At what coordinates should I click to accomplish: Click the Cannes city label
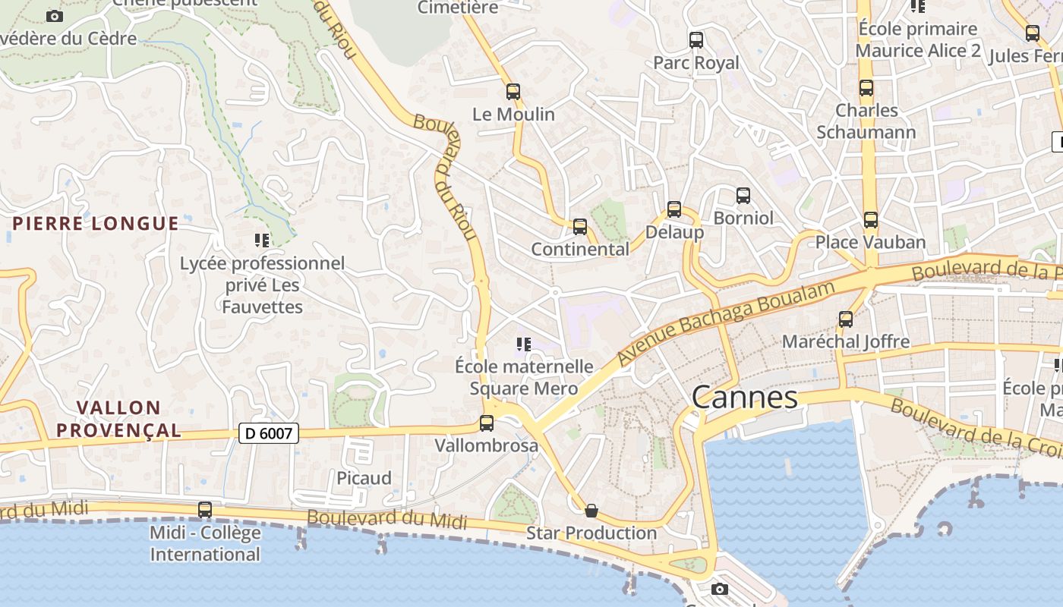tap(745, 398)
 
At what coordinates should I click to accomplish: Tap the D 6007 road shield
tap(269, 433)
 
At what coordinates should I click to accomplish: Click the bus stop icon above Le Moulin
tap(513, 92)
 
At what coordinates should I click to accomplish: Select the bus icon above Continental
tap(580, 226)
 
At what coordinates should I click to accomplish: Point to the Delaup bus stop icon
tap(674, 209)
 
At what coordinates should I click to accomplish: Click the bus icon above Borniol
tap(743, 196)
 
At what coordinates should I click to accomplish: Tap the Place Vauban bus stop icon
tap(870, 220)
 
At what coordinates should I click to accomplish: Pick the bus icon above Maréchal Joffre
tap(846, 319)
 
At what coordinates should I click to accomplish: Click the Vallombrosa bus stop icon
tap(487, 423)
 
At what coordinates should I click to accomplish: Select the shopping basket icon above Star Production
tap(591, 511)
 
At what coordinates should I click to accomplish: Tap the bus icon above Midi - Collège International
tap(205, 510)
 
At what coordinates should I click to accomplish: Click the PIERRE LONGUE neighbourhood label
tap(96, 224)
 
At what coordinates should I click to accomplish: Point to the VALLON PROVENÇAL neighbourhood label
tap(118, 420)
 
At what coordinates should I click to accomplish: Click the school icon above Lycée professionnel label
tap(262, 241)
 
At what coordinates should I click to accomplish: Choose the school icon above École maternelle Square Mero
tap(523, 344)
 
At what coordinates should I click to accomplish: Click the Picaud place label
tap(364, 478)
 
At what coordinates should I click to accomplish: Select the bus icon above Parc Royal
tap(696, 40)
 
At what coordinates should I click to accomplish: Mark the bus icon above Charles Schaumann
tap(866, 88)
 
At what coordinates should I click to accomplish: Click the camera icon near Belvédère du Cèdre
tap(55, 16)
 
